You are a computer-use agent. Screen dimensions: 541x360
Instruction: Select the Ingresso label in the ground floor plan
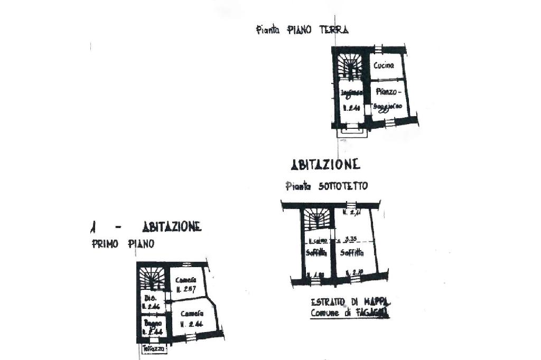[x=351, y=93]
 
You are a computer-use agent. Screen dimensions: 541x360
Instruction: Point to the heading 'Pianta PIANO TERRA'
[x=302, y=30]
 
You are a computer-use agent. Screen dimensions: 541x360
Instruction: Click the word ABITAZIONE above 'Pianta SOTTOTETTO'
[x=325, y=165]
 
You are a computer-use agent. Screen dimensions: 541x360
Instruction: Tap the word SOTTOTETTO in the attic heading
[x=343, y=186]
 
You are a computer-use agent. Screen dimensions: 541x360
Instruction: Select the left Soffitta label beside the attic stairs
[x=314, y=252]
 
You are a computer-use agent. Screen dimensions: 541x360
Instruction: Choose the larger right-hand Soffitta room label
[x=351, y=252]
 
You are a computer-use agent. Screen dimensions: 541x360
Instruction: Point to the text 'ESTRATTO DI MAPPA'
[x=350, y=302]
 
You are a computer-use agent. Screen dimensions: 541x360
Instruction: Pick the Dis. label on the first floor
[x=148, y=298]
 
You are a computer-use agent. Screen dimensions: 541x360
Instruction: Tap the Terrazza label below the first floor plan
[x=154, y=349]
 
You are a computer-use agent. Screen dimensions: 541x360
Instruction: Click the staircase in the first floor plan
[x=153, y=277]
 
